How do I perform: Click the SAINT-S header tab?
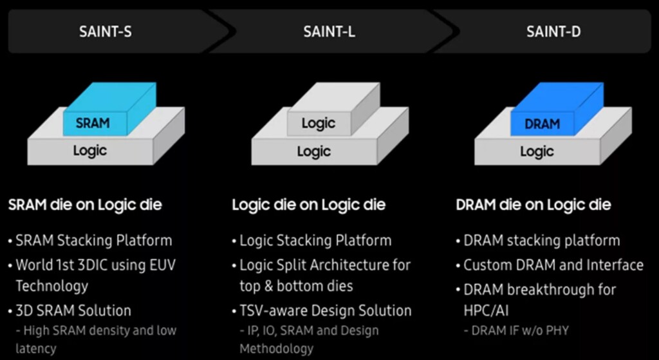coord(106,31)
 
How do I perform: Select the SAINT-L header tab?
coord(329,31)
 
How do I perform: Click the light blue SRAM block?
coord(93,122)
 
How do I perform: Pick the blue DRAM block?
coord(541,122)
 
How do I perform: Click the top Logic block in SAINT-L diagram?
coord(318,122)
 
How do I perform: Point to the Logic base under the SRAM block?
coord(89,151)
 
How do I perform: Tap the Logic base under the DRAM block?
coord(537,152)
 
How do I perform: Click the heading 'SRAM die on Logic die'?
coord(85,205)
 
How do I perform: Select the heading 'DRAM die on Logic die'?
coord(533,205)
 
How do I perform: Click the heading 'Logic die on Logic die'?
coord(308,205)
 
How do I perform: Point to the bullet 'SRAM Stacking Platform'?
coord(93,241)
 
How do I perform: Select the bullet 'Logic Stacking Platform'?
coord(315,241)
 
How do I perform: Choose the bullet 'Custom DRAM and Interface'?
coord(553,265)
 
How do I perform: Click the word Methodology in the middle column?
coord(277,348)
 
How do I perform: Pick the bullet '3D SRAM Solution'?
coord(73,310)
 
